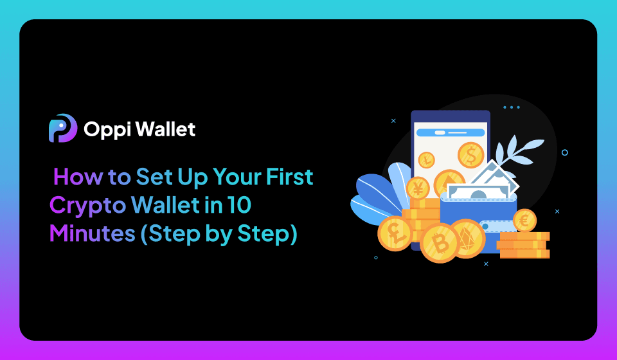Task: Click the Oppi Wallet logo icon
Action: pos(63,129)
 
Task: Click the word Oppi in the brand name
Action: pos(105,129)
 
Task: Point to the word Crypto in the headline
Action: pos(87,206)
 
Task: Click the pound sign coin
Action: pos(394,231)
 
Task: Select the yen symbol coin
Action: pos(418,188)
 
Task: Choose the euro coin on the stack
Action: pos(524,221)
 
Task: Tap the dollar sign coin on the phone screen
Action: pos(470,155)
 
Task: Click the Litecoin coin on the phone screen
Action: pos(427,160)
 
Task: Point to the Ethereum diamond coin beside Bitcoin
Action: pos(467,239)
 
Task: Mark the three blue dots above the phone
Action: pos(512,107)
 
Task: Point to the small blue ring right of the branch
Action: pos(564,152)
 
